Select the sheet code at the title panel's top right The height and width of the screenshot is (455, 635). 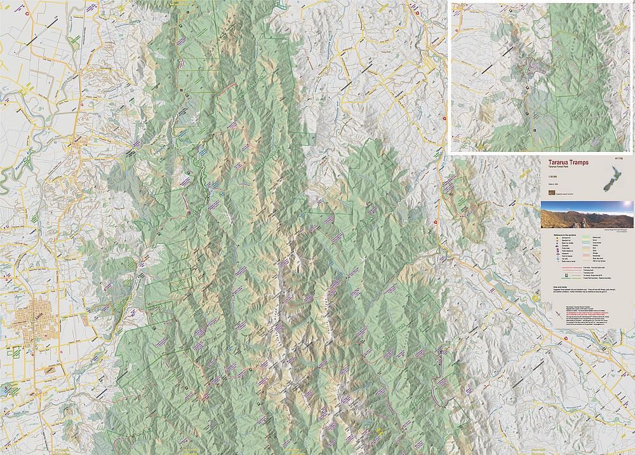pos(620,156)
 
